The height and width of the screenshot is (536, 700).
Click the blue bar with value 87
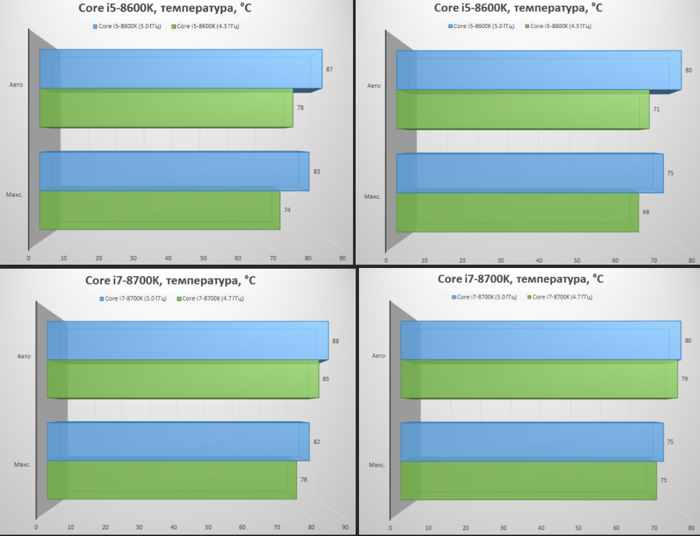pos(180,69)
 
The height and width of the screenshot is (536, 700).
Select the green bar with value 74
pos(159,210)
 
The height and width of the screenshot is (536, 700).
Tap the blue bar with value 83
pos(173,172)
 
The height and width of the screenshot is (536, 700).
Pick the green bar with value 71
pos(522,109)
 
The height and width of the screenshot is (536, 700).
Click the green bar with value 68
pos(516,213)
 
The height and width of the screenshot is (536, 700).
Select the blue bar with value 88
pos(187,341)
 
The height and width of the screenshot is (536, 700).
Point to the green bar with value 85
pos(182,380)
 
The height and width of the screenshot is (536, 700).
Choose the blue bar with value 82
pos(178,441)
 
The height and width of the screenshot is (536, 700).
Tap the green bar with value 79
pos(539,380)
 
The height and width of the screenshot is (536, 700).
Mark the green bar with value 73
pos(528,480)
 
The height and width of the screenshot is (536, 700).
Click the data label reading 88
pos(336,341)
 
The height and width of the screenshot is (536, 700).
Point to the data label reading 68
pos(646,212)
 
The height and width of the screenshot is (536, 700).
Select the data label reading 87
pos(329,69)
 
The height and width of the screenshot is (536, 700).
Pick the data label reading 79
pos(685,379)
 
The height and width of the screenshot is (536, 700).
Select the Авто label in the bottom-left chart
pos(24,356)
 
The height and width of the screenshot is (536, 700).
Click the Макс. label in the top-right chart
pos(372,197)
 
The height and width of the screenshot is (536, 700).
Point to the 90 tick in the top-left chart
pos(342,258)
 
